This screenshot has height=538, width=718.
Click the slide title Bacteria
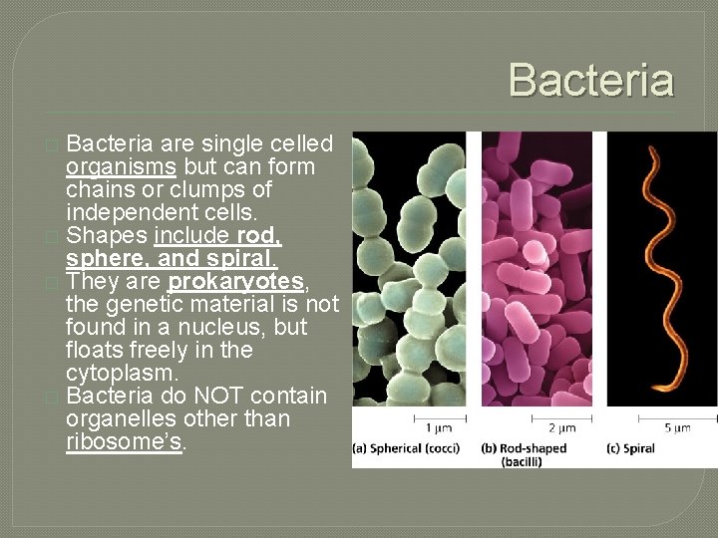(x=591, y=80)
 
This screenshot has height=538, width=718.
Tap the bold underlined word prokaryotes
(x=235, y=282)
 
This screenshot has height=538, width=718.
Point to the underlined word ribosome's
(x=125, y=441)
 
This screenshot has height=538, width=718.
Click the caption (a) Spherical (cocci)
(x=407, y=448)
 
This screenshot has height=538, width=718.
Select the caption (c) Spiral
(x=631, y=448)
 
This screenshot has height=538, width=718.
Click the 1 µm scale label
(x=440, y=428)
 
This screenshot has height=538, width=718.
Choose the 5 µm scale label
(x=676, y=428)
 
